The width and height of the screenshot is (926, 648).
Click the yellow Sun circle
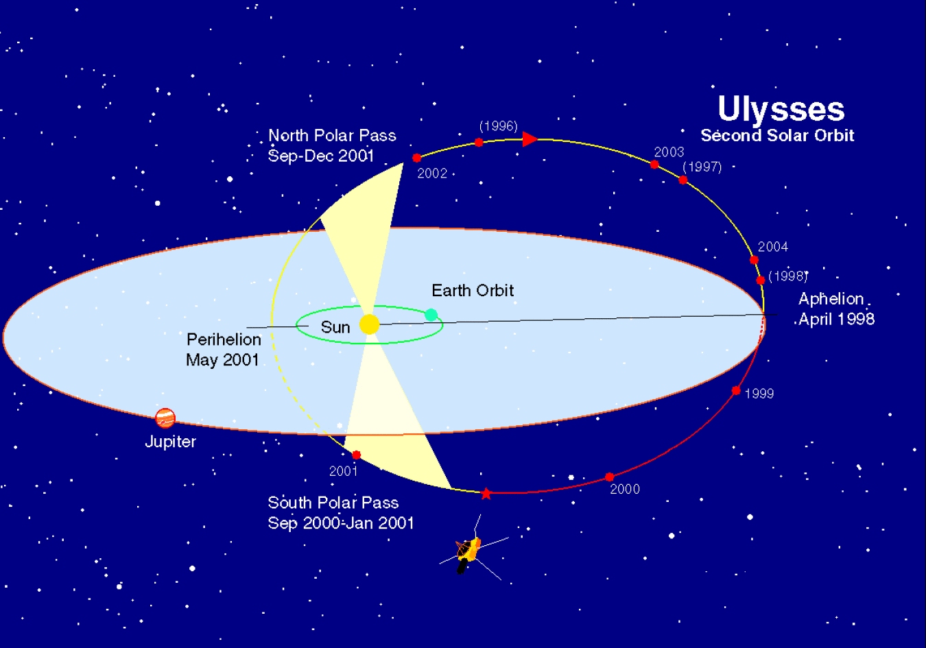pyautogui.click(x=369, y=324)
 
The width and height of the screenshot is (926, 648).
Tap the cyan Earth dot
pyautogui.click(x=431, y=315)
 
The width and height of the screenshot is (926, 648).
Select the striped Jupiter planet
pyautogui.click(x=165, y=418)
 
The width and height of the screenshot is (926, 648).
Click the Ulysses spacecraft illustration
pyautogui.click(x=468, y=553)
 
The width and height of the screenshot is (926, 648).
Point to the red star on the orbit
pyautogui.click(x=486, y=494)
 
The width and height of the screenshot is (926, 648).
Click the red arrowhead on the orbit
pyautogui.click(x=530, y=139)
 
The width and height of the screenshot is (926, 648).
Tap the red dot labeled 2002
pyautogui.click(x=416, y=158)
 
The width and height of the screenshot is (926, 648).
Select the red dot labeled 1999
pyautogui.click(x=736, y=391)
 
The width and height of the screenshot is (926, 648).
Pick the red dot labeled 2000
pyautogui.click(x=609, y=477)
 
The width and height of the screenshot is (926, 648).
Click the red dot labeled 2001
pyautogui.click(x=356, y=455)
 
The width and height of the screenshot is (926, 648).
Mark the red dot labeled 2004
pyautogui.click(x=754, y=260)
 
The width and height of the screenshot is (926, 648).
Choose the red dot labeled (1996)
pyautogui.click(x=479, y=143)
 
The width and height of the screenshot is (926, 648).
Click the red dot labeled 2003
pyautogui.click(x=654, y=165)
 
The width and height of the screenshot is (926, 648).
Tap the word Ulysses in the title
pyautogui.click(x=781, y=109)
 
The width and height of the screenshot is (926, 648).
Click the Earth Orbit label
pyautogui.click(x=473, y=291)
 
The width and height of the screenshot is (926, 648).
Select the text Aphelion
pyautogui.click(x=831, y=299)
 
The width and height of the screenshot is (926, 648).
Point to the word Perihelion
pyautogui.click(x=224, y=339)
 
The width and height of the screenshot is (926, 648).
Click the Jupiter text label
pyautogui.click(x=170, y=442)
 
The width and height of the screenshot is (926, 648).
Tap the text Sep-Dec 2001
pyautogui.click(x=321, y=156)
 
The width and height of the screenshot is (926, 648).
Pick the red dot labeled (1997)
pyautogui.click(x=683, y=180)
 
